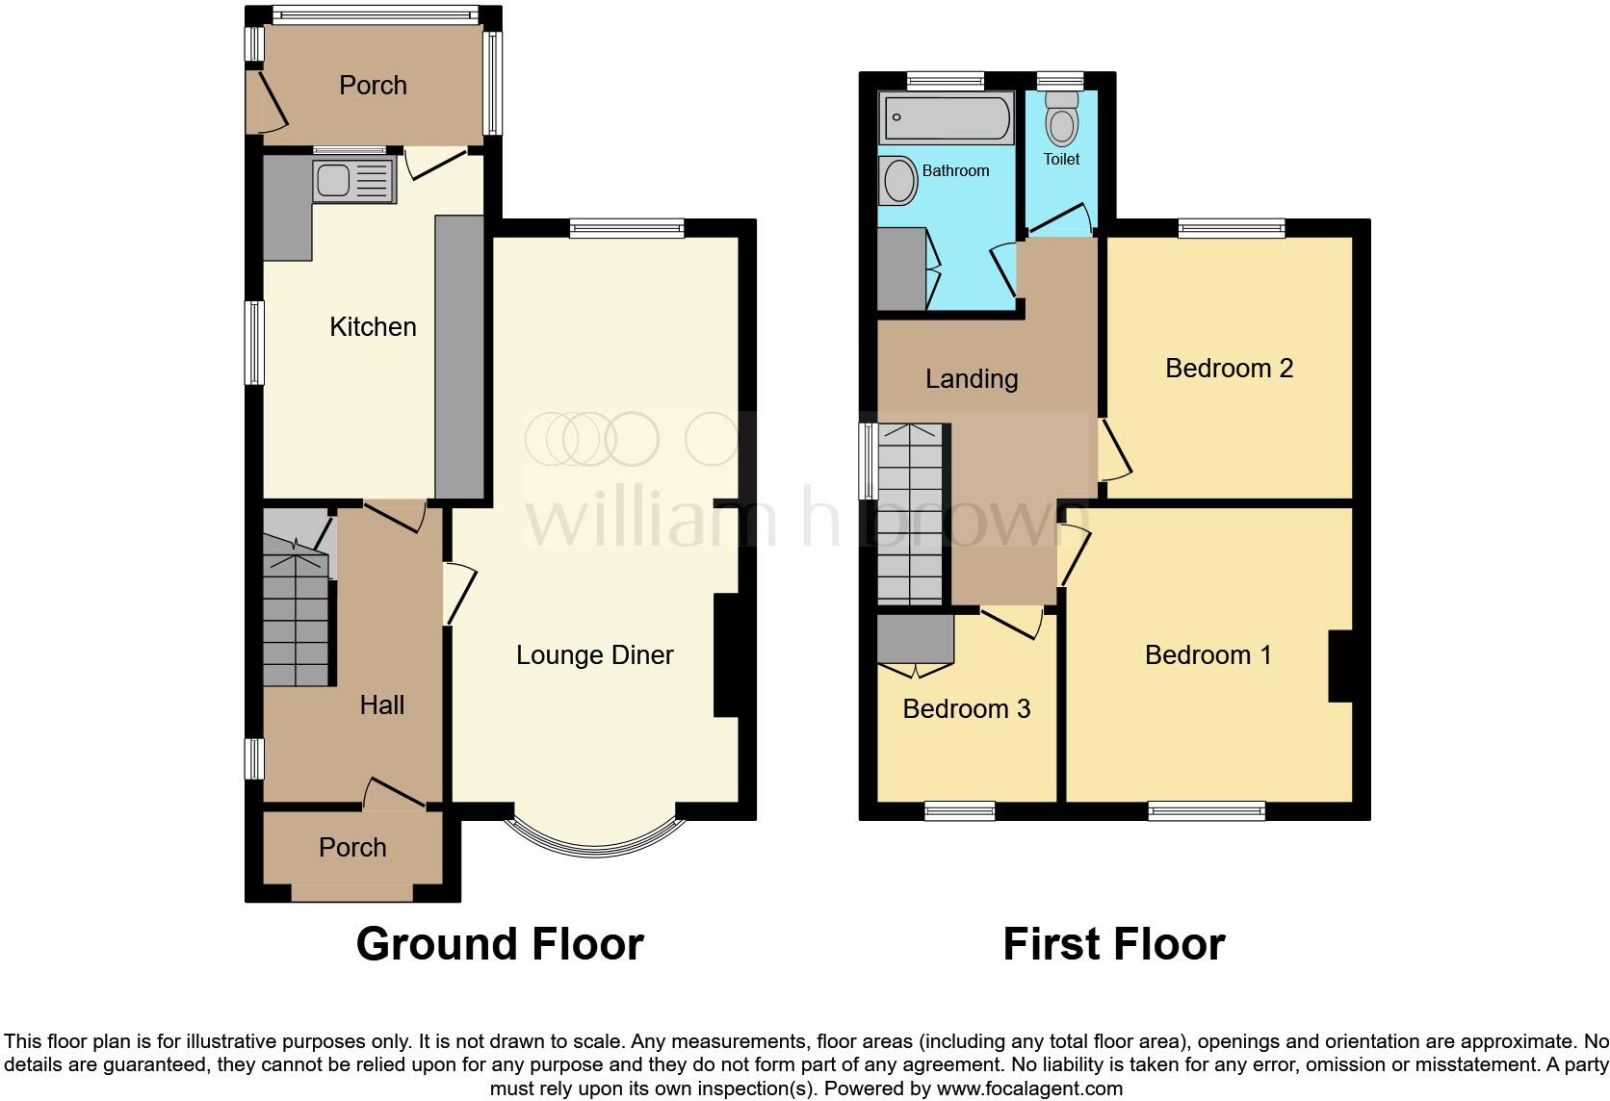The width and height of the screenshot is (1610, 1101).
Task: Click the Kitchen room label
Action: click(373, 327)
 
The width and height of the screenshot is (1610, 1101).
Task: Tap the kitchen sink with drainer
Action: click(353, 181)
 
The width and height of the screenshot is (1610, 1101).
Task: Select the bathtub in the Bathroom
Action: click(946, 118)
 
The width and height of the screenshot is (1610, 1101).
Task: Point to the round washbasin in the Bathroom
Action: click(899, 180)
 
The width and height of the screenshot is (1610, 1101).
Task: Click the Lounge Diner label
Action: click(594, 655)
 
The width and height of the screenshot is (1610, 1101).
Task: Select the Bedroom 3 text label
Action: click(966, 709)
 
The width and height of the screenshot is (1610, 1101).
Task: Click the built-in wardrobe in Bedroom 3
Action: click(915, 637)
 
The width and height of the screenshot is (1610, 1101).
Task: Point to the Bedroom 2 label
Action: click(1229, 369)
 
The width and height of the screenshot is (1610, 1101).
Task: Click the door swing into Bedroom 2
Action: click(1114, 448)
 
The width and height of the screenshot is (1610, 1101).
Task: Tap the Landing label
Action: click(971, 379)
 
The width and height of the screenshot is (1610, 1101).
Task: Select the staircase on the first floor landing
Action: click(910, 515)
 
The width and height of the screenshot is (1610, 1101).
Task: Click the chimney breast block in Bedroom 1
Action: click(1341, 666)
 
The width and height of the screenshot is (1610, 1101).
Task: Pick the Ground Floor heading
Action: click(500, 944)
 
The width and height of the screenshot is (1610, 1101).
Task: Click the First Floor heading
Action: click(1113, 944)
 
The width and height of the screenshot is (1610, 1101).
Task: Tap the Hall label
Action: click(381, 705)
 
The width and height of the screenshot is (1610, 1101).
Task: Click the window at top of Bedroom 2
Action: click(1232, 228)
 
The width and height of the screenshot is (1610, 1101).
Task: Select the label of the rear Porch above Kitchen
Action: click(373, 86)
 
